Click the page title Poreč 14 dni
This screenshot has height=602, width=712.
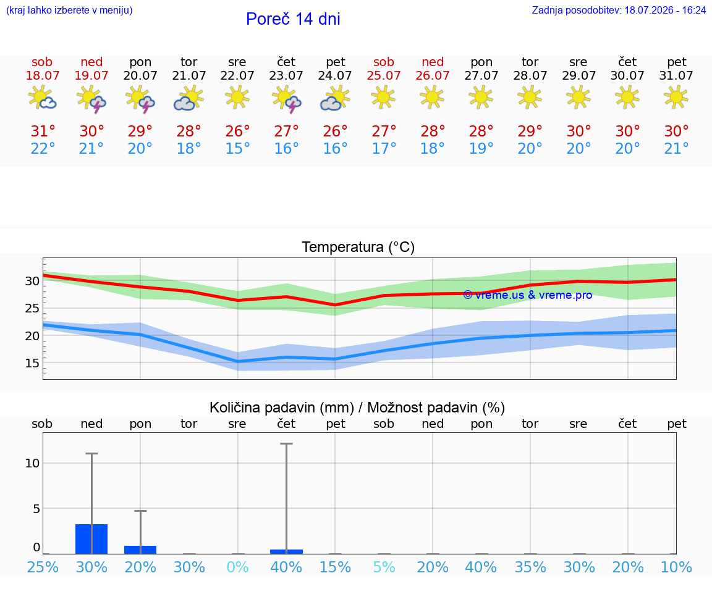[293, 19]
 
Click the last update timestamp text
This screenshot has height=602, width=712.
[619, 10]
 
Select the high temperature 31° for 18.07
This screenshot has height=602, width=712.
[43, 131]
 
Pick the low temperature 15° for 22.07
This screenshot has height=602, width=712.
[237, 148]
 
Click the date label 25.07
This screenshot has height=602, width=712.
[384, 75]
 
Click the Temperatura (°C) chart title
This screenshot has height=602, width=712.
[358, 247]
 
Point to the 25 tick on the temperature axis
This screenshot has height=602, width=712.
[32, 309]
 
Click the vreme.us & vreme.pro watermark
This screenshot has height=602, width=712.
[528, 295]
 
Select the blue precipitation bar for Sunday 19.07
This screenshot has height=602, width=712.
[91, 539]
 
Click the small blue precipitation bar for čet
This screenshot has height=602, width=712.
[287, 551]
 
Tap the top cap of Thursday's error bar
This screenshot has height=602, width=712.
[287, 444]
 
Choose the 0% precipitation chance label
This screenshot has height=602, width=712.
[237, 567]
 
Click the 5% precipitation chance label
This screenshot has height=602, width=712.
[384, 567]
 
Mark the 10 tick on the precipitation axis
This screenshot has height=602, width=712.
[32, 463]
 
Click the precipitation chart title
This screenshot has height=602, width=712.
[357, 408]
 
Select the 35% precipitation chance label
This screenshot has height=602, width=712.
[530, 567]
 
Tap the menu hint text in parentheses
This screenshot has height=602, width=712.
[69, 10]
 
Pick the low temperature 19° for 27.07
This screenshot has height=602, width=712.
[481, 148]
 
